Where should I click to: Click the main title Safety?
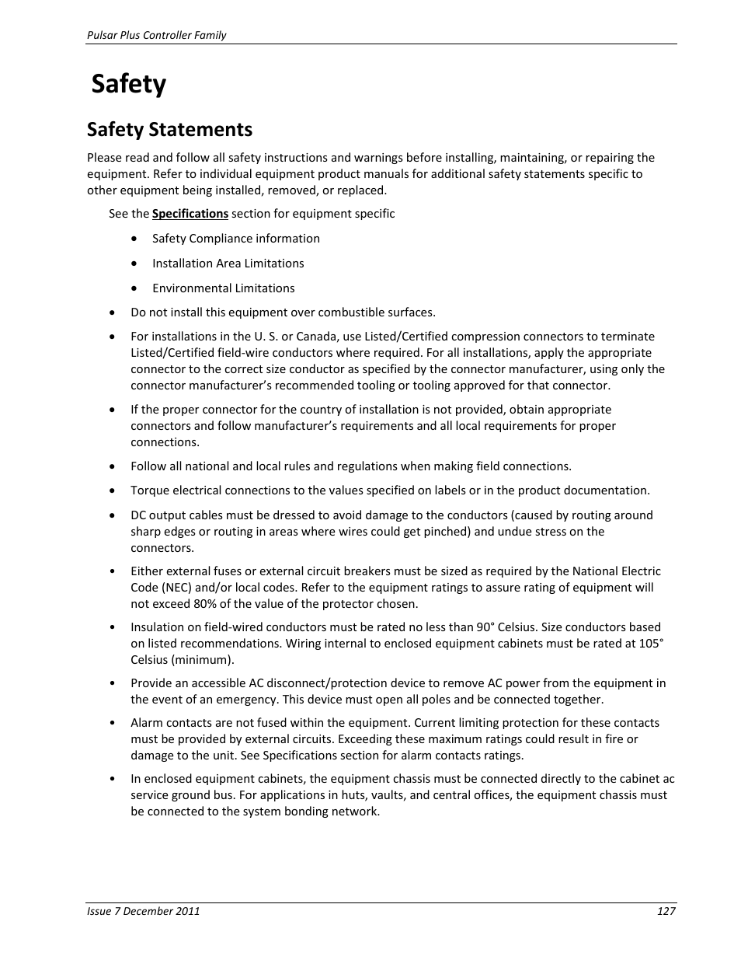[x=128, y=84]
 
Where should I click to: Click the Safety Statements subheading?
[x=169, y=129]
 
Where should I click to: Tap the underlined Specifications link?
[x=190, y=214]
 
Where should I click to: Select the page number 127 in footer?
[x=666, y=911]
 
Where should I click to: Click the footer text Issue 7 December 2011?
[x=143, y=911]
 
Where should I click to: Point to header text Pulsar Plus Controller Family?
[x=156, y=35]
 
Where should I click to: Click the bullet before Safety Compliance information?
[x=135, y=239]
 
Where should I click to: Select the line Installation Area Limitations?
[x=228, y=264]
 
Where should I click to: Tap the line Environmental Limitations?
[x=223, y=288]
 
